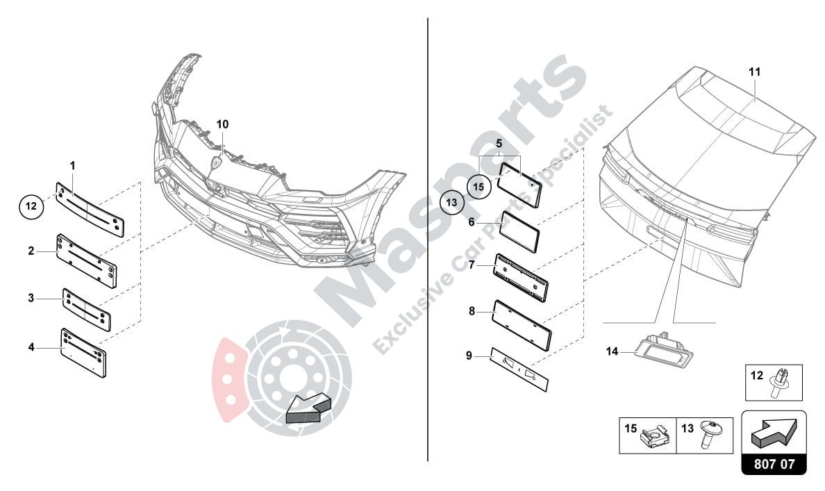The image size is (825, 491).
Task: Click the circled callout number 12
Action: tap(31, 206)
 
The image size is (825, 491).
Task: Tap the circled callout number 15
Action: tap(478, 186)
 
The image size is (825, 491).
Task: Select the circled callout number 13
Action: tap(452, 202)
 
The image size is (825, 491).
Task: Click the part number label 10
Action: tap(222, 124)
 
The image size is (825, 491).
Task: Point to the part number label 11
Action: tap(755, 72)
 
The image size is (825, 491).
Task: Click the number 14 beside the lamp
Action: tap(612, 351)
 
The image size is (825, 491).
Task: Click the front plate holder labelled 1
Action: tap(90, 209)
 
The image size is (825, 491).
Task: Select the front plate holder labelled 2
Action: tap(87, 261)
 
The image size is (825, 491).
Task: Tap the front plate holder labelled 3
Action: tap(86, 310)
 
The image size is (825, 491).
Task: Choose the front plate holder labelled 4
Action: tap(83, 353)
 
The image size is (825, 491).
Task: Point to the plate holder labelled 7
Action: tap(521, 278)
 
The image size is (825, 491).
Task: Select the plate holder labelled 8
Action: tap(522, 325)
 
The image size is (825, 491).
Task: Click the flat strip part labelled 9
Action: tap(519, 369)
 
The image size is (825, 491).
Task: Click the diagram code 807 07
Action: tap(774, 464)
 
